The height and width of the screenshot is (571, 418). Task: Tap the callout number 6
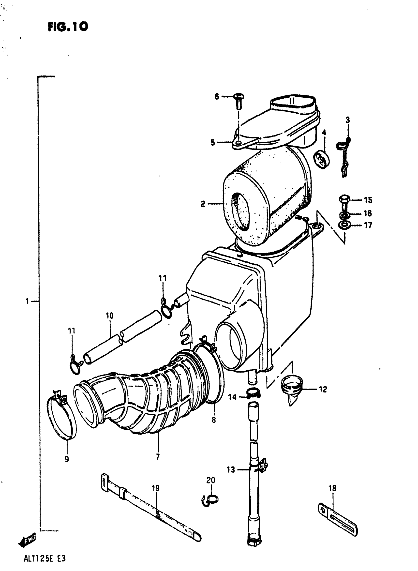click(217, 96)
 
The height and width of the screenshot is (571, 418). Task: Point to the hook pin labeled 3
click(344, 157)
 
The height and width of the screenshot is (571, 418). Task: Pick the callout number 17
click(368, 225)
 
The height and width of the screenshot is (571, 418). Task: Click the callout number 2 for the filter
click(203, 204)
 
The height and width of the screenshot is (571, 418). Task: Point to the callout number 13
click(231, 470)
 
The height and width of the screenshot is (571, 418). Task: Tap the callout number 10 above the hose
click(110, 316)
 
